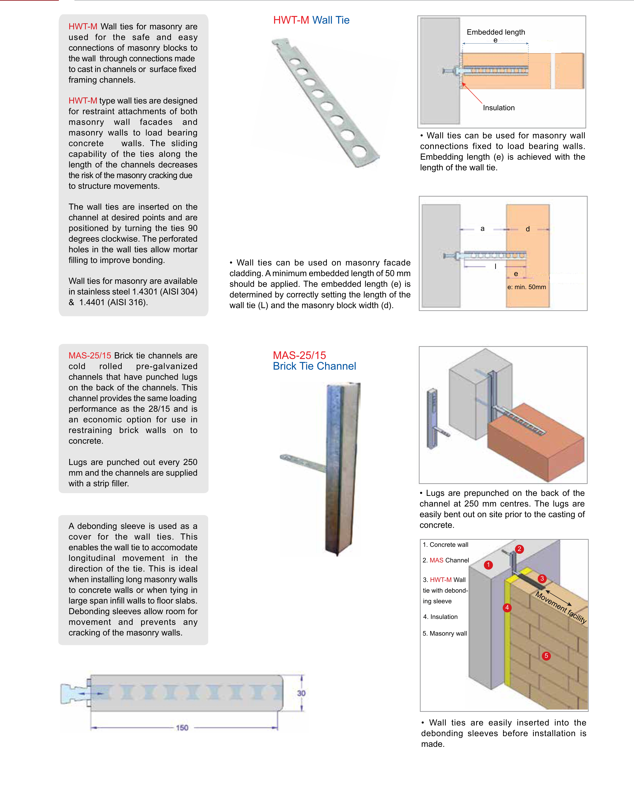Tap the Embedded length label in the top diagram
pyautogui.click(x=496, y=32)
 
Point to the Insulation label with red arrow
pyautogui.click(x=498, y=108)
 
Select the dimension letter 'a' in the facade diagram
pyautogui.click(x=482, y=229)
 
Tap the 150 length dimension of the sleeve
pyautogui.click(x=182, y=727)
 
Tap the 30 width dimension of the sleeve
pyautogui.click(x=301, y=693)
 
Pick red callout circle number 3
pyautogui.click(x=542, y=579)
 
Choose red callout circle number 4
pyautogui.click(x=507, y=608)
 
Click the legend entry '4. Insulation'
pyautogui.click(x=440, y=617)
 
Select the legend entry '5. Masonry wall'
pyautogui.click(x=445, y=633)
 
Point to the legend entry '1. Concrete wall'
pyautogui.click(x=445, y=545)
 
